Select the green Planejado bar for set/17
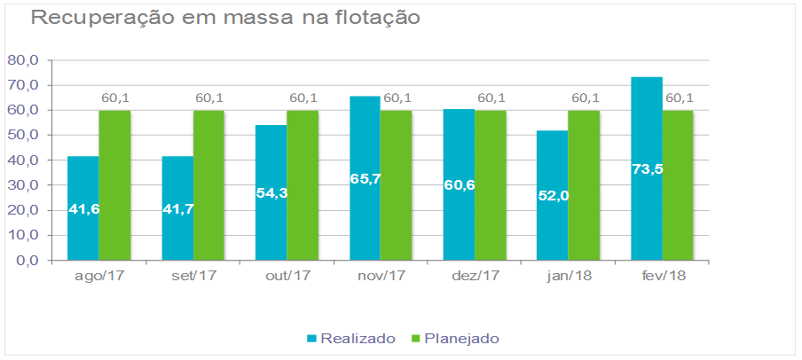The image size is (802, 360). [x=208, y=185]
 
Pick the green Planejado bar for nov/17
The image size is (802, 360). [x=396, y=185]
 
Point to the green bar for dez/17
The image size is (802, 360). [x=490, y=185]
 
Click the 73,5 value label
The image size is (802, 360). [x=647, y=168]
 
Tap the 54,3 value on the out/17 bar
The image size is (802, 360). [x=271, y=192]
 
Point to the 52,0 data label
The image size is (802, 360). [x=553, y=196]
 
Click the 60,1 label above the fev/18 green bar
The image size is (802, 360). [x=679, y=98]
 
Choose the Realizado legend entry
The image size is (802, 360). [x=350, y=338]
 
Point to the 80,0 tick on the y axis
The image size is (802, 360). [x=23, y=60]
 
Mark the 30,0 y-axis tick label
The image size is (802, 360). [x=23, y=185]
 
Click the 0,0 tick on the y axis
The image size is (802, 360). [x=27, y=261]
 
